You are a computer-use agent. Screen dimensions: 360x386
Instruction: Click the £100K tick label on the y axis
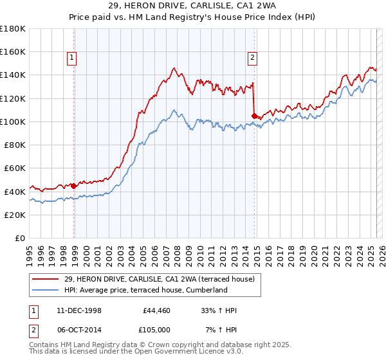coord(13,122)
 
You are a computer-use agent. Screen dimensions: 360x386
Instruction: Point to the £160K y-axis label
coord(13,52)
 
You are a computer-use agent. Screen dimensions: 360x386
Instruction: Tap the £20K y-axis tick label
coord(15,215)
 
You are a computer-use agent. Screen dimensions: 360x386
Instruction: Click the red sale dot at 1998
coord(74,186)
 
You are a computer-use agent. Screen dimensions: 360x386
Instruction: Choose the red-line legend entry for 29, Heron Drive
coord(154,279)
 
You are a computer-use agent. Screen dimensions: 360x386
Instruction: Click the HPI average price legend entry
coord(145,290)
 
